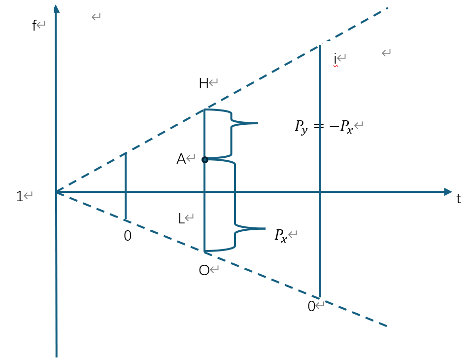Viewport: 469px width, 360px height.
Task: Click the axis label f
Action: coord(34,26)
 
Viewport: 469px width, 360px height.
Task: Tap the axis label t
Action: coord(459,199)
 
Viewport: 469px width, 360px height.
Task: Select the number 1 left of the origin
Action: coord(20,196)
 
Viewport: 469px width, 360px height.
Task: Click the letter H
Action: coord(203,84)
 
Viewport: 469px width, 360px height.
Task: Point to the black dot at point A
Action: coord(205,159)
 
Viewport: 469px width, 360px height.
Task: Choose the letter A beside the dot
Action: coord(181,159)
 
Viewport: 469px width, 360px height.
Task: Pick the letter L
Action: coord(181,218)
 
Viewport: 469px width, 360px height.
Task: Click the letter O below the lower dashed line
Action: coord(204,270)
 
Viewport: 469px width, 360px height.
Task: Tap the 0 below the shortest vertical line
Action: coord(128,236)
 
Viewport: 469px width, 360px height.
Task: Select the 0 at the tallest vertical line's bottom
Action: coord(311,307)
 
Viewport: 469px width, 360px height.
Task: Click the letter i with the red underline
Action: coord(335,58)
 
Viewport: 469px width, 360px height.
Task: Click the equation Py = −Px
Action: coord(324,127)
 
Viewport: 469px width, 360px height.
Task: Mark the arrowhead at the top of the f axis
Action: coord(56,8)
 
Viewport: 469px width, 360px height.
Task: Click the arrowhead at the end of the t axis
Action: coord(448,191)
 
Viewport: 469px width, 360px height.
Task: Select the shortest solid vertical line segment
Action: coord(126,186)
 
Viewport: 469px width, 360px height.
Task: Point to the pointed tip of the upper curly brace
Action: coord(257,123)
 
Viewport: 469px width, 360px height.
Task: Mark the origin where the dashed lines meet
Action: coord(56,192)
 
